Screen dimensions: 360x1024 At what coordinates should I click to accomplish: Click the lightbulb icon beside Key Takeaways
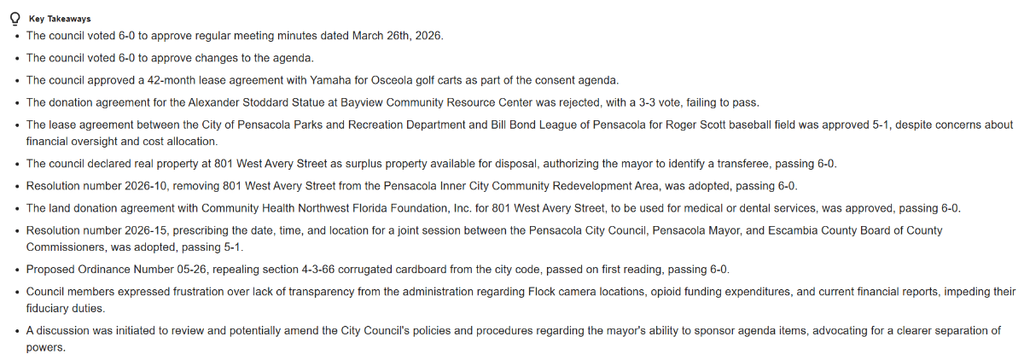pos(15,18)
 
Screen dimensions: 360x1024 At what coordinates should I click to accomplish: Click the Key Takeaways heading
pos(60,19)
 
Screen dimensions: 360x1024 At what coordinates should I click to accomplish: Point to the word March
pos(340,36)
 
